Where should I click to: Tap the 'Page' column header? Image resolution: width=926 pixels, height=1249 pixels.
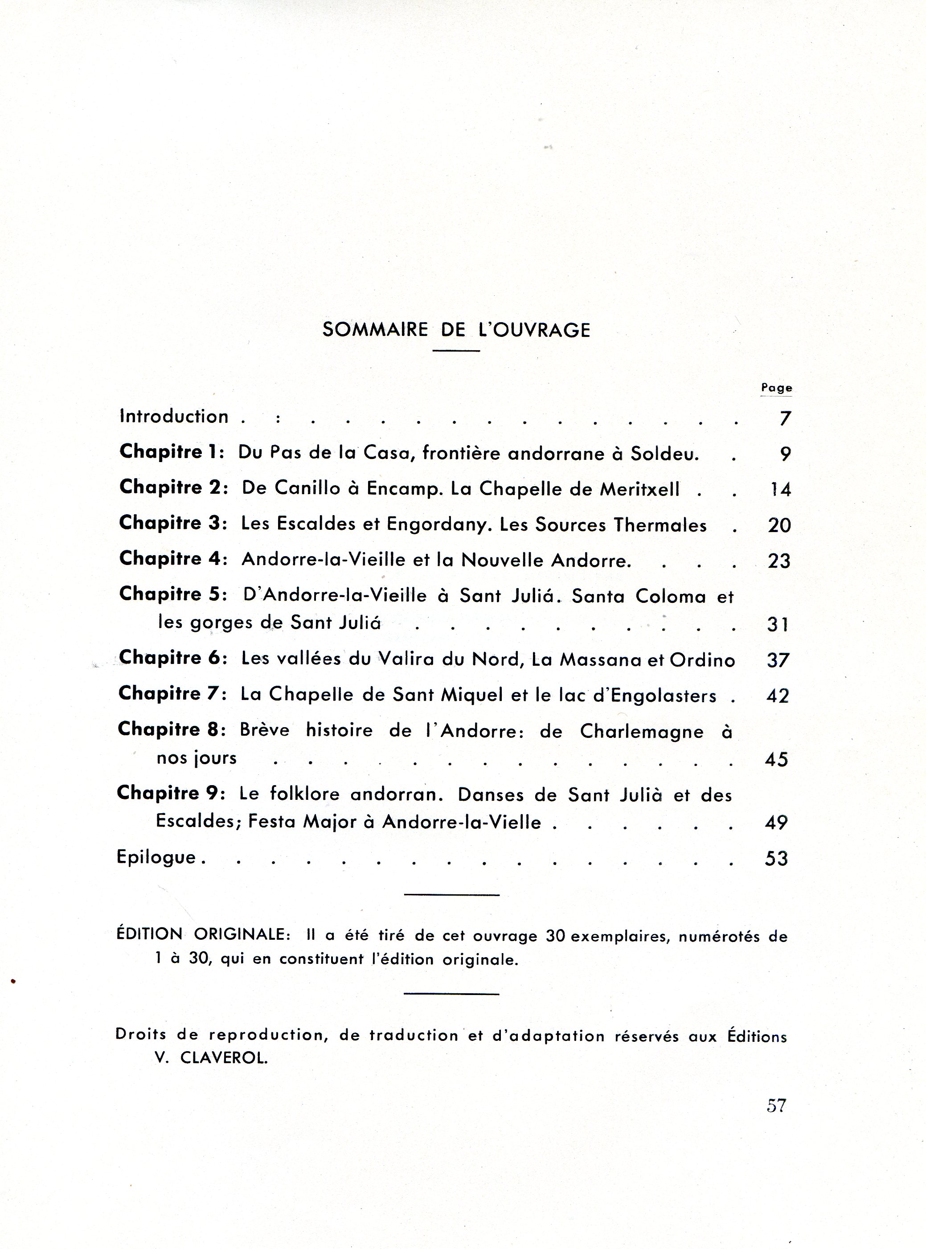[776, 388]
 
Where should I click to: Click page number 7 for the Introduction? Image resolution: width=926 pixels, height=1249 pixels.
[785, 418]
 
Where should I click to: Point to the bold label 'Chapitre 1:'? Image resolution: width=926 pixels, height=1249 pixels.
[172, 452]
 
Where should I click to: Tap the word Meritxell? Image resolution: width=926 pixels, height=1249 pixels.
[639, 489]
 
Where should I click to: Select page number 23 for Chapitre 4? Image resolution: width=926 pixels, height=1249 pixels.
[778, 561]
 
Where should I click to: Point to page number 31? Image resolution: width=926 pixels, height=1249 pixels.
[778, 624]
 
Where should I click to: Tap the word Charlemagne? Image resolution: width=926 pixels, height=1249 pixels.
[641, 731]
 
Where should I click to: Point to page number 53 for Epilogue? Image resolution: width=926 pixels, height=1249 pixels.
[776, 859]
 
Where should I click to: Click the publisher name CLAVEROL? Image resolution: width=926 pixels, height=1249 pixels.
[224, 1058]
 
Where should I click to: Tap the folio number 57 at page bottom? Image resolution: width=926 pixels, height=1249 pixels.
[776, 1106]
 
